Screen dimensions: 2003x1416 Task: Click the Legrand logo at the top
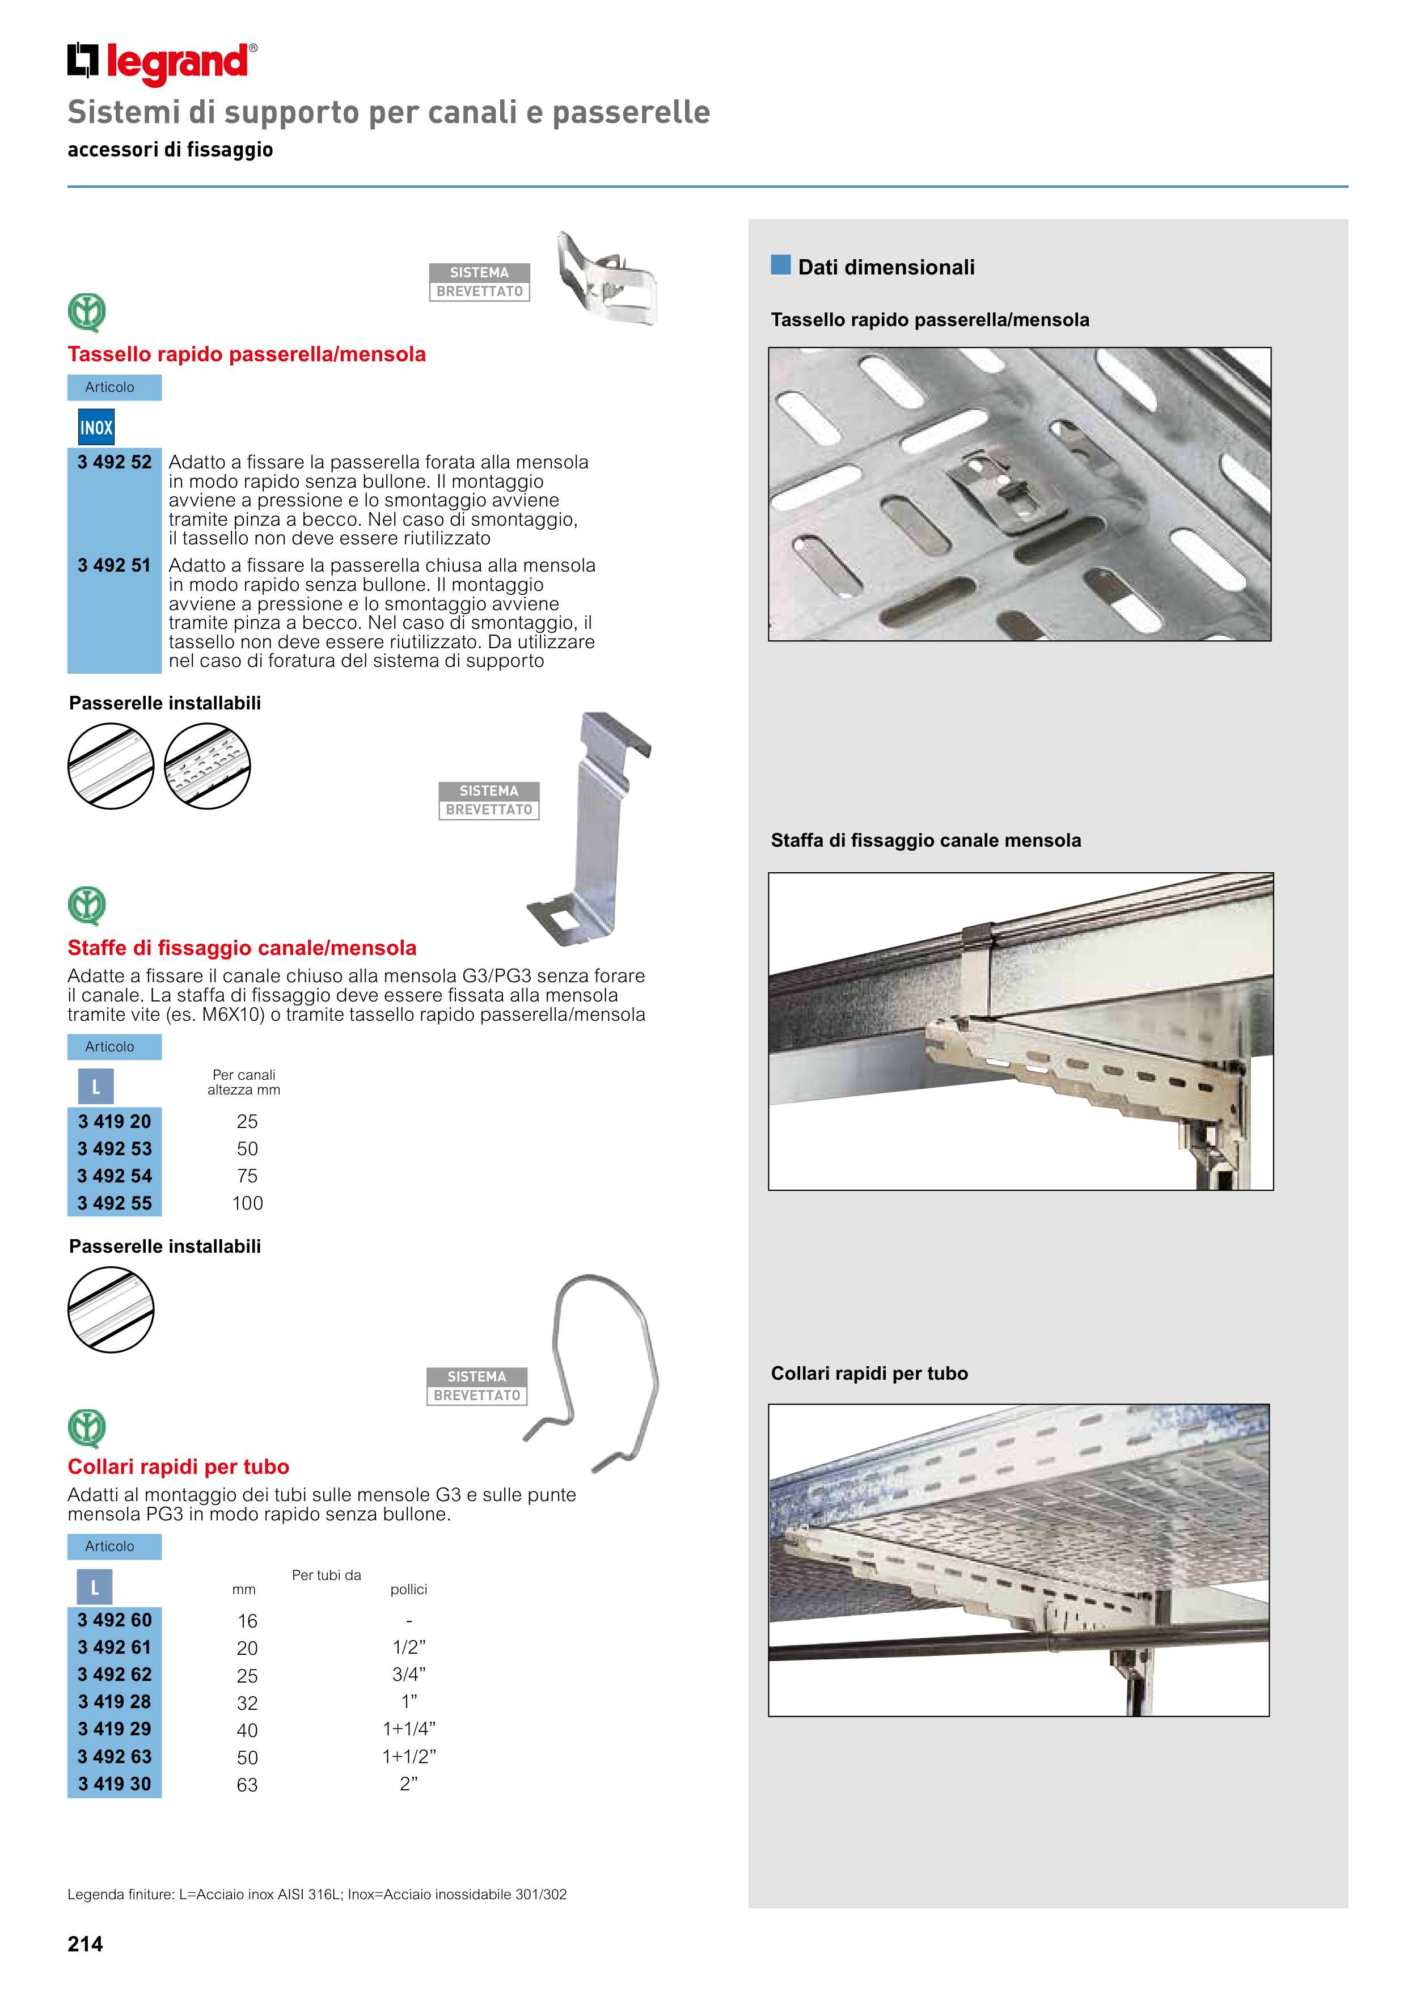162,63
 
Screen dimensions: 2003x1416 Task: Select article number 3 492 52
115,462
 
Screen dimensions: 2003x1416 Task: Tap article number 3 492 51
115,565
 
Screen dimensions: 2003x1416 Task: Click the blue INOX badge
96,428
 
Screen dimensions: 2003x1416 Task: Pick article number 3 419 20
115,1121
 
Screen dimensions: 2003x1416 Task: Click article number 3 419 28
115,1701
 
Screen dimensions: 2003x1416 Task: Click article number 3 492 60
115,1620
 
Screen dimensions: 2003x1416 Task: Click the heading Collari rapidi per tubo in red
179,1467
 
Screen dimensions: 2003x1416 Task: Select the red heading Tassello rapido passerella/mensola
247,354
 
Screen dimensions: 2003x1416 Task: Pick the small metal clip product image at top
606,279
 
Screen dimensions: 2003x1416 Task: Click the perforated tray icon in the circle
207,766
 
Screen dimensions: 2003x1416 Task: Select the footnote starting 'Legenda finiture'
316,1894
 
